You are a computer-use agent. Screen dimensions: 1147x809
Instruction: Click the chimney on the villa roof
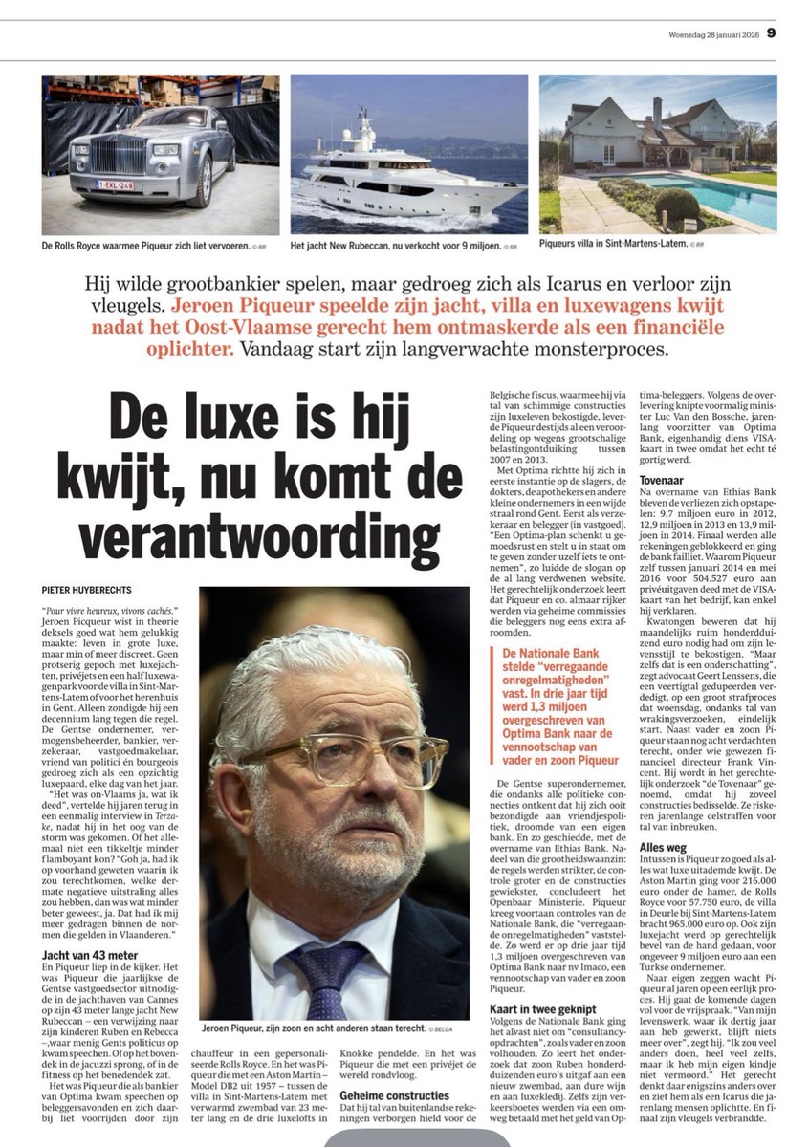tap(657, 111)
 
